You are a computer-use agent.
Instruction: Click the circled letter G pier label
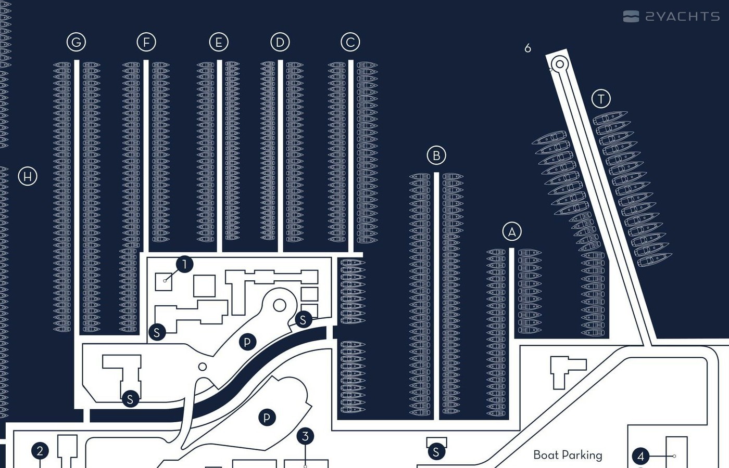[x=76, y=42]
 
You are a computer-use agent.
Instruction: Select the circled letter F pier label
[x=146, y=42]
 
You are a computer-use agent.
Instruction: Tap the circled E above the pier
[x=219, y=42]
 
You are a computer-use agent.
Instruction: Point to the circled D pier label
[x=280, y=42]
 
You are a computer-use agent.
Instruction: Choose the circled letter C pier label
[x=350, y=42]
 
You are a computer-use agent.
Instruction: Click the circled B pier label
[x=436, y=155]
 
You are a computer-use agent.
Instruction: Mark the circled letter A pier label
[x=512, y=231]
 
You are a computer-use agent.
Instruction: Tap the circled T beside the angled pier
[x=601, y=99]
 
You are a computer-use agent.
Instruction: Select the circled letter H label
[x=28, y=176]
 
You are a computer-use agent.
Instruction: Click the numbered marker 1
[x=184, y=264]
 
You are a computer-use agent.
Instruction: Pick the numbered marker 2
[x=40, y=451]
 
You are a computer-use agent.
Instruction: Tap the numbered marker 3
[x=306, y=436]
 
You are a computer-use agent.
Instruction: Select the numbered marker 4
[x=641, y=457]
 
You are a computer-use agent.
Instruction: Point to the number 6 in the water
[x=527, y=48]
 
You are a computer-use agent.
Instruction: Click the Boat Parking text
[x=568, y=455]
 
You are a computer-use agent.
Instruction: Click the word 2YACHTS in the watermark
[x=683, y=17]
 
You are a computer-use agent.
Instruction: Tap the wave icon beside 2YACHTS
[x=631, y=17]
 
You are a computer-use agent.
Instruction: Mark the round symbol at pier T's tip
[x=560, y=64]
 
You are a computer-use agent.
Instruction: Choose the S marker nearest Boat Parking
[x=436, y=452]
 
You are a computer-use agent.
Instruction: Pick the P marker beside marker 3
[x=267, y=417]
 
